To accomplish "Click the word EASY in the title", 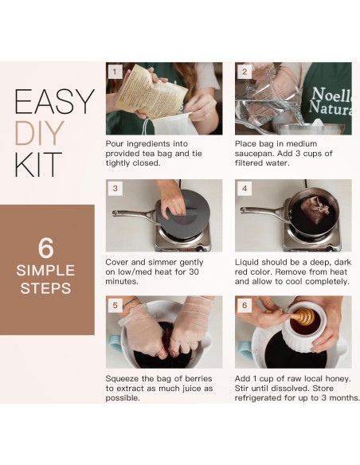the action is point(55,102).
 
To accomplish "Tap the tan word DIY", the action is point(40,133).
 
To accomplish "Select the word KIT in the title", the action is point(38,164).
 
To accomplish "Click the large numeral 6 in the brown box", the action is point(46,248).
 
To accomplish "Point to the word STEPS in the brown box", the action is point(45,288).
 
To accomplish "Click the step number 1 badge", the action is point(115,72).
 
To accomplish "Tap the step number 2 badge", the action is point(245,72).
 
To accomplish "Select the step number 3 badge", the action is point(115,189).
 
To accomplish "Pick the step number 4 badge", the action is point(245,189).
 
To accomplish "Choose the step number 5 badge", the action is point(115,305).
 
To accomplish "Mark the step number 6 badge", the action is point(245,305).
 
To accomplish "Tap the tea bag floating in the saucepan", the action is point(315,209).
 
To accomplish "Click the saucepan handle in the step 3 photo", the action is point(135,215).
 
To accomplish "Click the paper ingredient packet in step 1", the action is point(151,92).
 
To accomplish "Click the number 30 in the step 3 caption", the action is point(194,272).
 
